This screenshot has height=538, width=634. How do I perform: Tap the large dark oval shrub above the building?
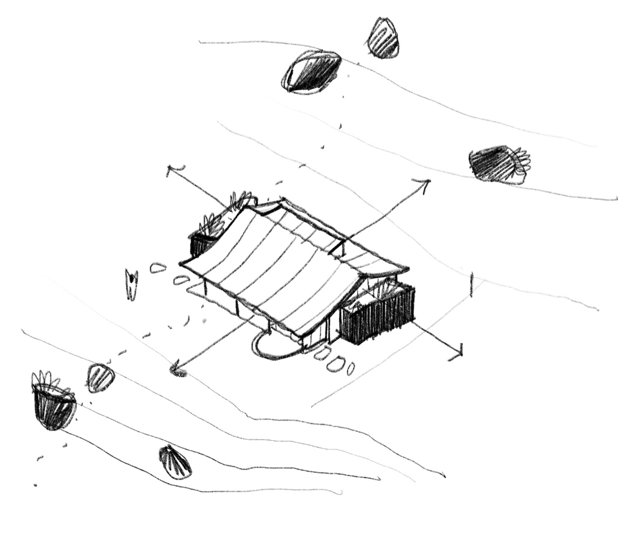pos(311,72)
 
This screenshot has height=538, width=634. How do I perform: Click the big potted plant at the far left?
pos(53,404)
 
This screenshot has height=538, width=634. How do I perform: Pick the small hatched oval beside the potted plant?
pos(101,378)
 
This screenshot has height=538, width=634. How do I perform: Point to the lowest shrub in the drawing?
pos(175,462)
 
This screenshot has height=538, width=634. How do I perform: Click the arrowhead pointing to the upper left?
pos(170,170)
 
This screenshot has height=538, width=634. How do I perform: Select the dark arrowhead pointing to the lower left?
pos(176,370)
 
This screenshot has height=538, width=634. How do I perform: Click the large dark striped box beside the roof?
pos(377,316)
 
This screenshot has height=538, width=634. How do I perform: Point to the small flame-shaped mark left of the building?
pos(131,284)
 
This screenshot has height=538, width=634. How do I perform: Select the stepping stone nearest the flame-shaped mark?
pos(158,267)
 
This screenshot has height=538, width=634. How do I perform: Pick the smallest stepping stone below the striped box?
pos(351,369)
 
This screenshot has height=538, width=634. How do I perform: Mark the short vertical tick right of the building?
pos(472,284)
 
